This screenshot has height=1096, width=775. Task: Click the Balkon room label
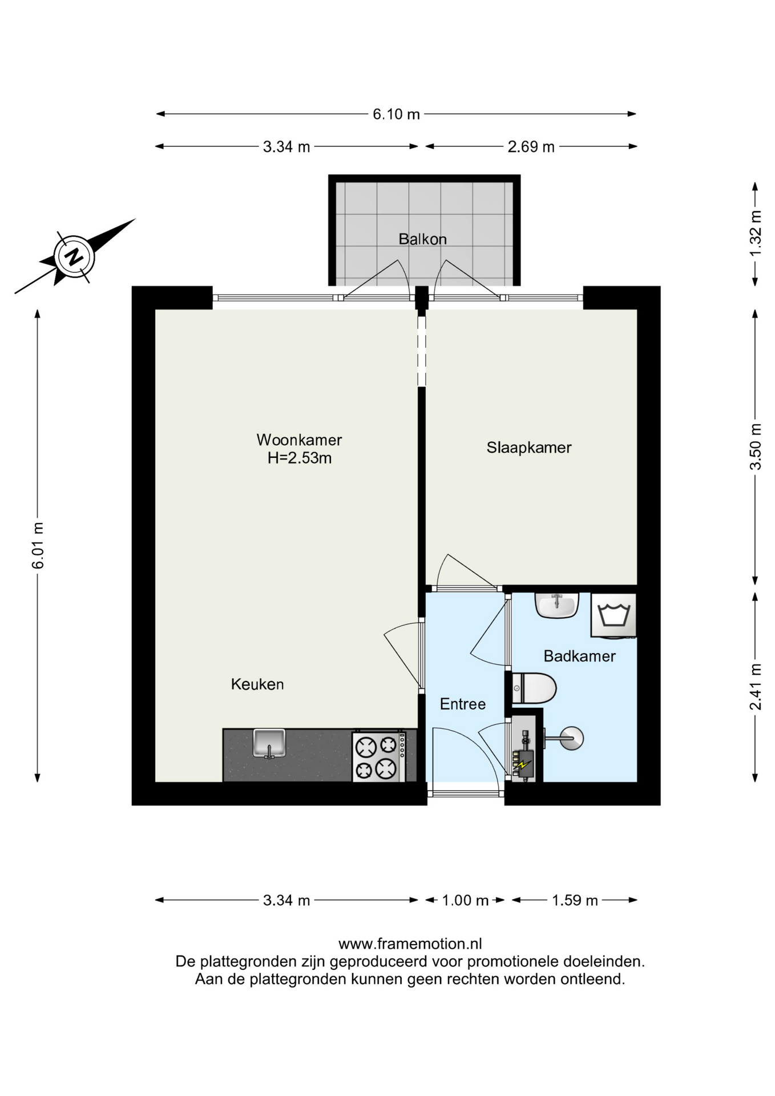coord(422,239)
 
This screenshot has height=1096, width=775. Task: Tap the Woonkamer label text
coord(299,440)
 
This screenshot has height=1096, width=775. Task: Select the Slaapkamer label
coord(529,448)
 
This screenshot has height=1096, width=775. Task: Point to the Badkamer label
coord(579,656)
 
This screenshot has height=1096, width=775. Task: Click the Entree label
coord(463,704)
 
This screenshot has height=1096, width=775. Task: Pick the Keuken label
coord(257,684)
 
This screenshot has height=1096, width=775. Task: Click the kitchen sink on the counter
coord(269,743)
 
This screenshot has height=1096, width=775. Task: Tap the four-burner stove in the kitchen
coord(379,756)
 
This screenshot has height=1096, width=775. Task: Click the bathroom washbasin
coord(557,605)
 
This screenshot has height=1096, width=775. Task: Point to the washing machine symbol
coord(613,615)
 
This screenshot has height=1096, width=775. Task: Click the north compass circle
coord(74,257)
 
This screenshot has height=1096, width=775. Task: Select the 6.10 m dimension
coord(396,114)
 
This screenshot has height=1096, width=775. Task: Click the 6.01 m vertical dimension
coord(38,546)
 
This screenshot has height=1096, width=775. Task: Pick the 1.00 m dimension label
coord(465,900)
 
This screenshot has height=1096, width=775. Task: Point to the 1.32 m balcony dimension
coord(755,233)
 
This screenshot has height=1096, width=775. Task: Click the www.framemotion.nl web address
coord(410,944)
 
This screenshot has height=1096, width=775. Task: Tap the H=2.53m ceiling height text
coord(300,458)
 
